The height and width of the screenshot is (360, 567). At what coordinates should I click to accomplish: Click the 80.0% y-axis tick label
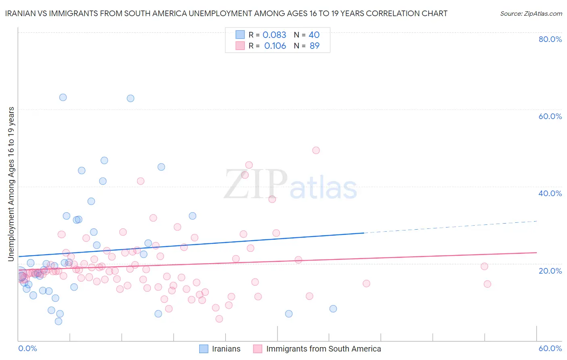pos(550,39)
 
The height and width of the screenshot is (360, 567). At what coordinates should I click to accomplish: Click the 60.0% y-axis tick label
pos(550,116)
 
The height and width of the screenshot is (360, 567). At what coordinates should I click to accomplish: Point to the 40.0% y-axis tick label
pos(550,193)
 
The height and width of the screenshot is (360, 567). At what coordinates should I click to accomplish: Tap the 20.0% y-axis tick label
pos(550,270)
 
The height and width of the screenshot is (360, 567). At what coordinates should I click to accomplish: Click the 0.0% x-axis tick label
pos(27,348)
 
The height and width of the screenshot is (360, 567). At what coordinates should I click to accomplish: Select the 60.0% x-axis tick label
pos(550,348)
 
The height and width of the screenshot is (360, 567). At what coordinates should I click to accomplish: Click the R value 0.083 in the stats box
pos(274,35)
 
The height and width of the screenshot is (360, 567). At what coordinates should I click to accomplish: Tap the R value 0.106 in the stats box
pos(275,46)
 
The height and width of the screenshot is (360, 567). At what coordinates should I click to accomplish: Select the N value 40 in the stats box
pos(314,35)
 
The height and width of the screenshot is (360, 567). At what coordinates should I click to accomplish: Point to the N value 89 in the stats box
pos(315,46)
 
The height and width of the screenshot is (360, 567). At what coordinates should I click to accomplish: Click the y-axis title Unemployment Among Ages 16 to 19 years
pos(11,184)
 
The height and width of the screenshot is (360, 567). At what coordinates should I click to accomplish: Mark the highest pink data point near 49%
pos(316,150)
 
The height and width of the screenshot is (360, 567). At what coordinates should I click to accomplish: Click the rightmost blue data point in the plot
pos(333,309)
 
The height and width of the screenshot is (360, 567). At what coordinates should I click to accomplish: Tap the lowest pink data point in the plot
pos(219,319)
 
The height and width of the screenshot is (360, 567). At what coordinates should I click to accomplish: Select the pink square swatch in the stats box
pos(240,46)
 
